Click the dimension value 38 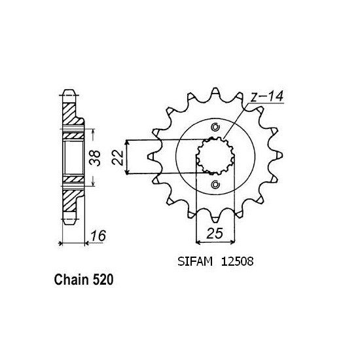click(95, 158)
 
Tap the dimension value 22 click(118, 158)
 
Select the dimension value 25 click(215, 233)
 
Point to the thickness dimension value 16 click(98, 236)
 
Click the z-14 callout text click(267, 96)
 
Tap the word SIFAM click(195, 261)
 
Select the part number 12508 click(237, 261)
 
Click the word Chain click(71, 279)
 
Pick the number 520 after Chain click(103, 279)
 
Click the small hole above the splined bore click(215, 127)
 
